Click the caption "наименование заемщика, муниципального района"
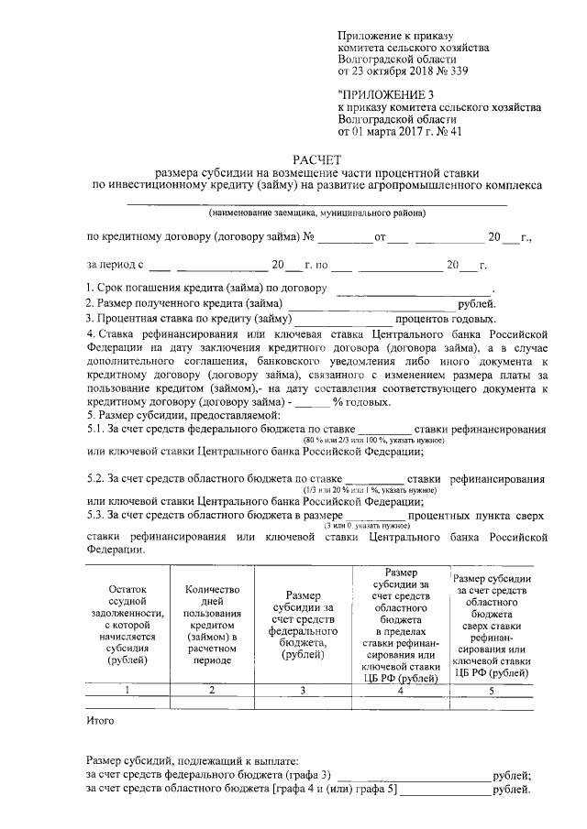point(316,214)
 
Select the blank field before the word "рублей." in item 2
point(371,305)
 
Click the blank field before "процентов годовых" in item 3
point(341,319)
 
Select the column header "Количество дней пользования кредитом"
point(212,623)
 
